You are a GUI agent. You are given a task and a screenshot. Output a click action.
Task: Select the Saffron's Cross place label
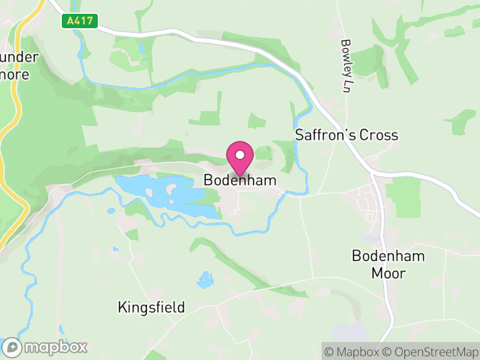[x=346, y=135]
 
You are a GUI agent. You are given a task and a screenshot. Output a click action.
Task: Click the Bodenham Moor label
[x=388, y=265]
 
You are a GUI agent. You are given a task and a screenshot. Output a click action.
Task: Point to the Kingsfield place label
[x=151, y=308]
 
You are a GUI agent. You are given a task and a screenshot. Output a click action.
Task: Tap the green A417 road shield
[x=79, y=21]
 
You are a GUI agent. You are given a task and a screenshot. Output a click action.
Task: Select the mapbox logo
[x=45, y=347]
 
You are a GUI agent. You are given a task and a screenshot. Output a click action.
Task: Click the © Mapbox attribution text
[x=352, y=351]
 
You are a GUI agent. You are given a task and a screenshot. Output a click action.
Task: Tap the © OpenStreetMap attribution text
[x=430, y=351]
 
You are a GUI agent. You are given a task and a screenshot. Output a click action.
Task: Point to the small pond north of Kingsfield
[x=205, y=280]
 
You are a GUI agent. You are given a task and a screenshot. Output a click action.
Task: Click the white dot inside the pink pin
[x=240, y=155]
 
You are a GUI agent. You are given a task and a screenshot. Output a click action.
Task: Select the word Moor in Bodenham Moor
[x=388, y=274]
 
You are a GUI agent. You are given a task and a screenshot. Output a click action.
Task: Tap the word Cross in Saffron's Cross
[x=378, y=135]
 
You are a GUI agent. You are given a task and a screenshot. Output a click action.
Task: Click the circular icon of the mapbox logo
[x=12, y=347]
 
